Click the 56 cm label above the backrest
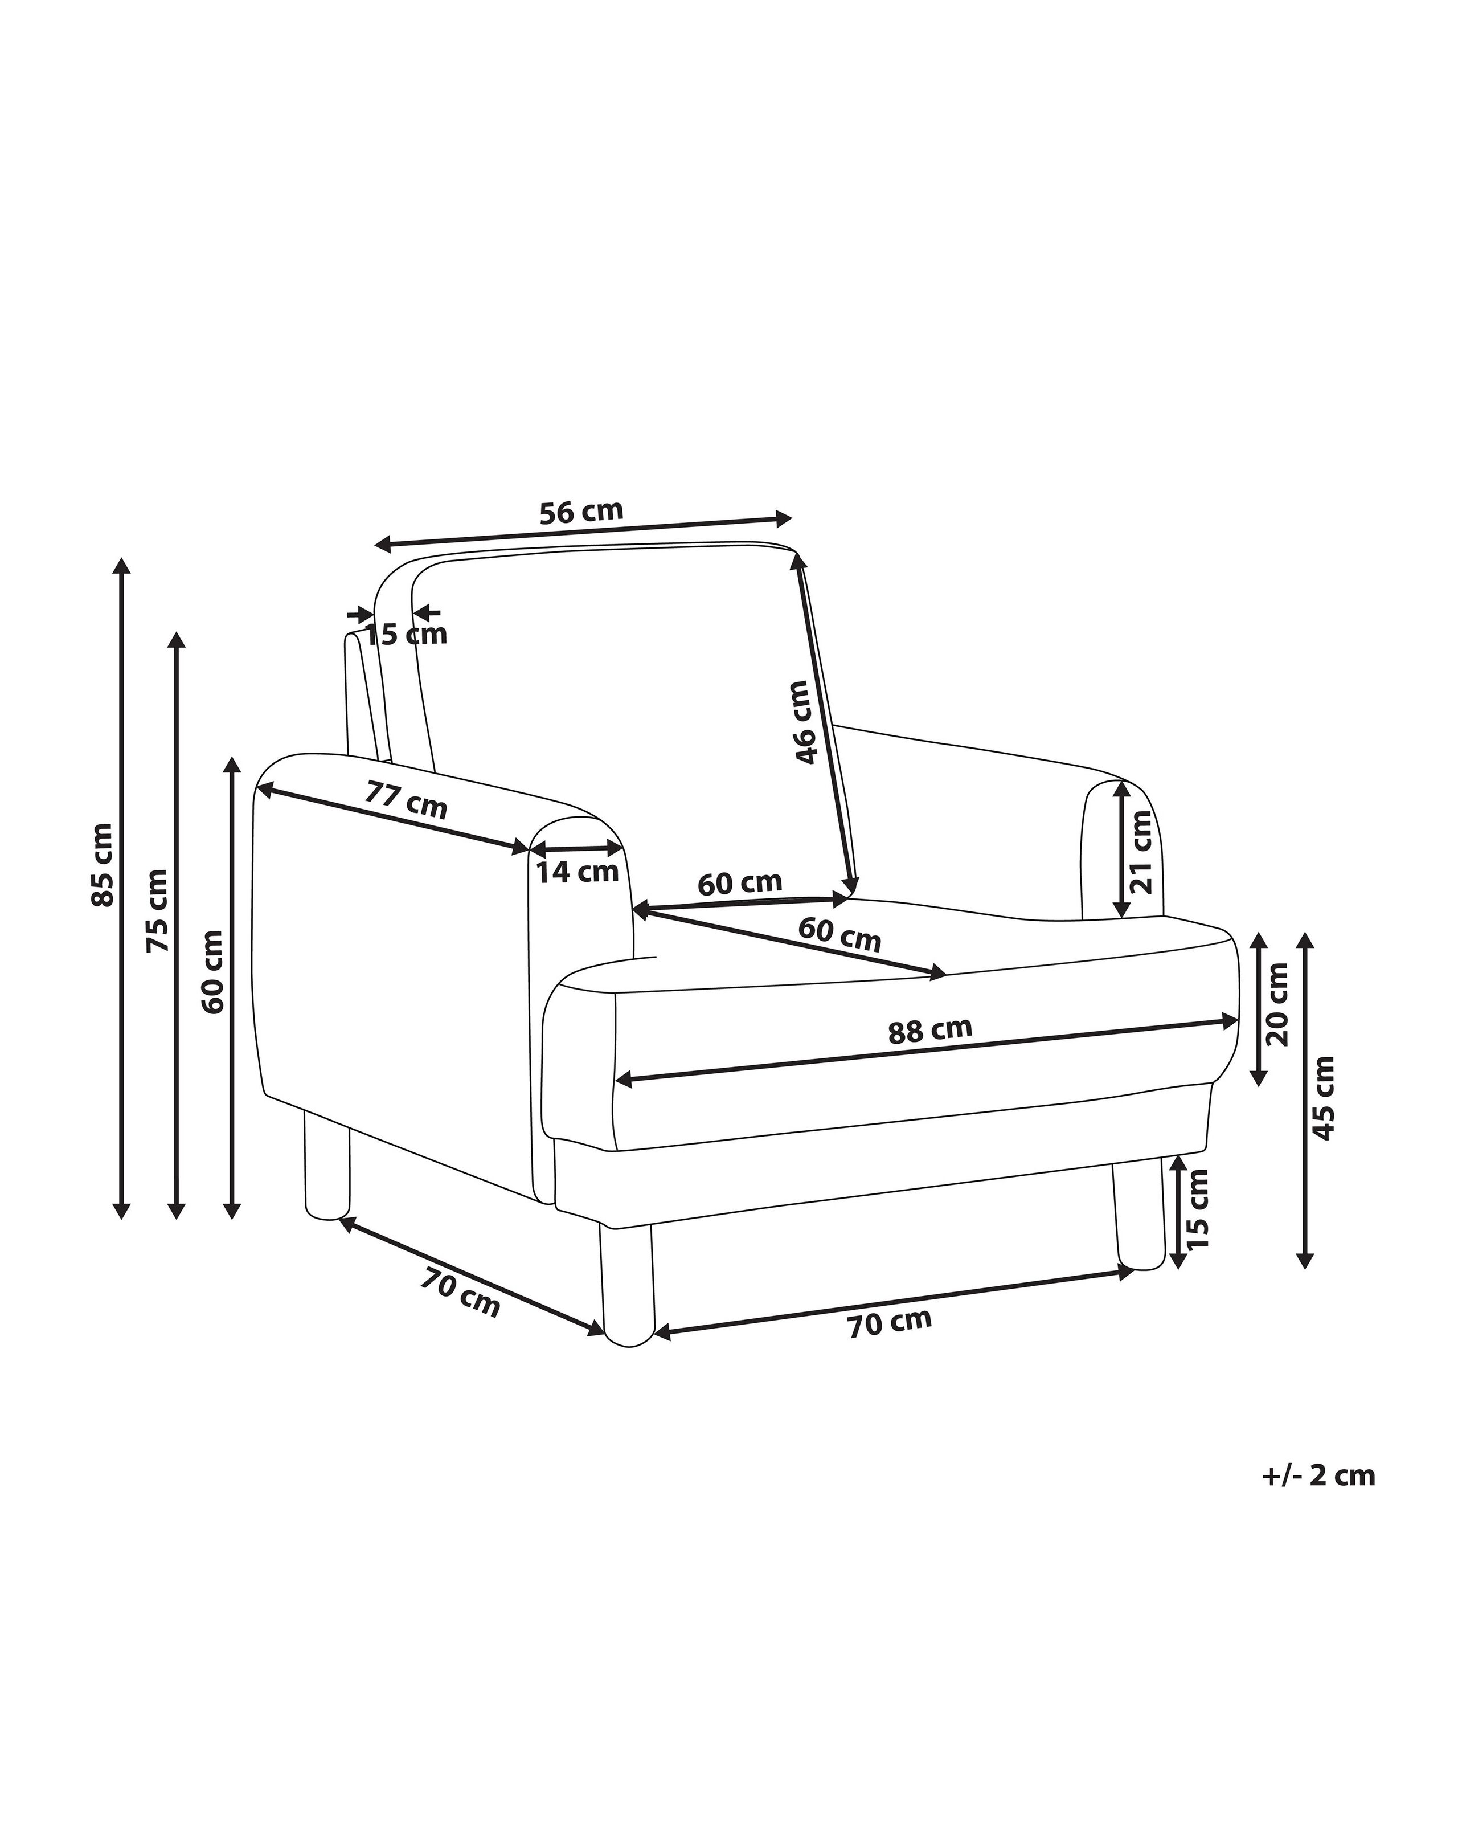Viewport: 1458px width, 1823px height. (x=581, y=512)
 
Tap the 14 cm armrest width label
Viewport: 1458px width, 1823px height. (x=578, y=871)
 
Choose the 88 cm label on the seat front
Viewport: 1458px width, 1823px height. (x=929, y=1030)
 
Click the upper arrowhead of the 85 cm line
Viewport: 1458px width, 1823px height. (x=122, y=566)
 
